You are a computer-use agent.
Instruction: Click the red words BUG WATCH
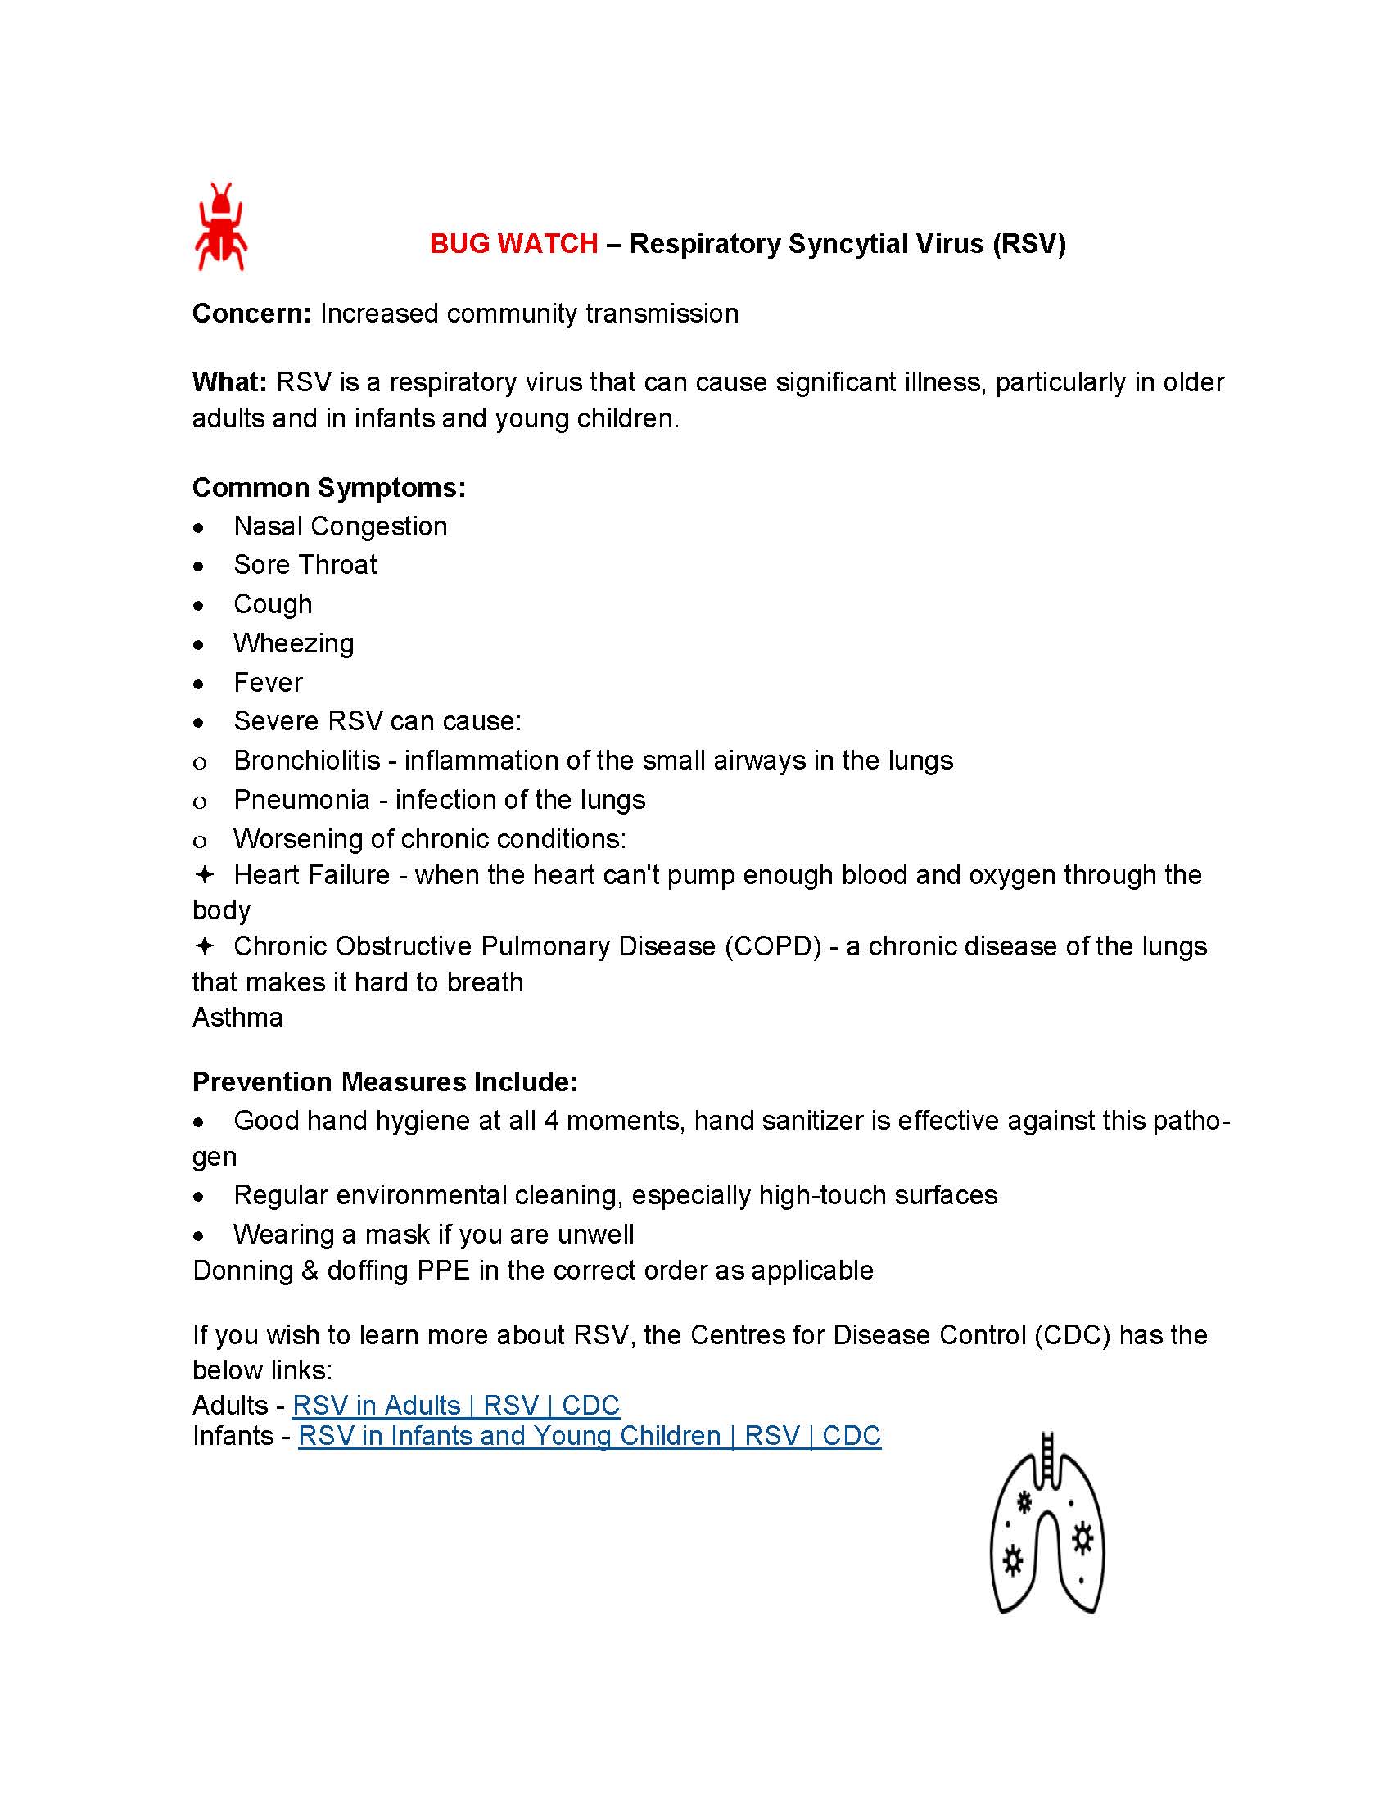[x=513, y=244]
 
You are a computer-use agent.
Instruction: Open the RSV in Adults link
[x=455, y=1404]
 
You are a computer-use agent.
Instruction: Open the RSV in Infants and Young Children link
[x=589, y=1436]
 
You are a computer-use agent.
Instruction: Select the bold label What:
[x=229, y=382]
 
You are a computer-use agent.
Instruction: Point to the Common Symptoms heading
[x=329, y=487]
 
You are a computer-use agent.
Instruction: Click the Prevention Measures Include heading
[x=385, y=1081]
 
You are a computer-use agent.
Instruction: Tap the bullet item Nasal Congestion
[x=340, y=526]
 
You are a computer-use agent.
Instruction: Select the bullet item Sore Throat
[x=305, y=565]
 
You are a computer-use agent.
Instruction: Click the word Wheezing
[x=294, y=643]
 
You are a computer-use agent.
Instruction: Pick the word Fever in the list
[x=268, y=683]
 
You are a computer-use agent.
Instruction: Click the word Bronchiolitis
[x=307, y=761]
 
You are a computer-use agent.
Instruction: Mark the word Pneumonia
[x=302, y=800]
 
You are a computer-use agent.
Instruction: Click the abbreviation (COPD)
[x=773, y=946]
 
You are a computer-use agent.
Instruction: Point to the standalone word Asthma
[x=237, y=1018]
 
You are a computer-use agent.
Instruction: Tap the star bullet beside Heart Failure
[x=204, y=874]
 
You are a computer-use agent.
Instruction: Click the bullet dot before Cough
[x=199, y=606]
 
